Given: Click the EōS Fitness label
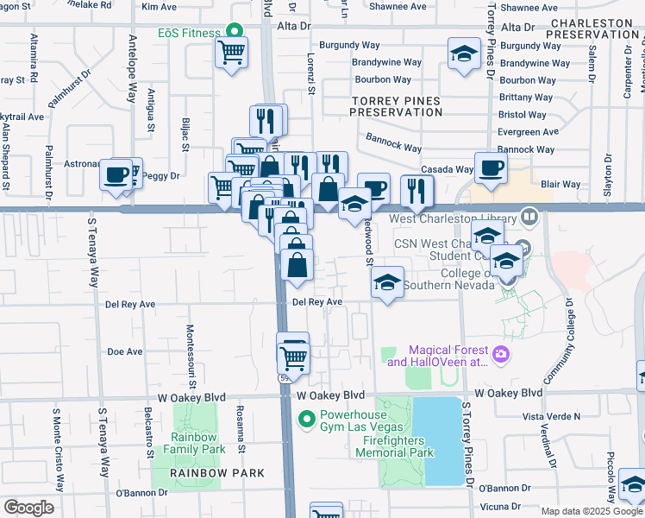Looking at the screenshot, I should coord(189,33).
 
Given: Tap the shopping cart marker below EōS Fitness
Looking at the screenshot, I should coord(231,54).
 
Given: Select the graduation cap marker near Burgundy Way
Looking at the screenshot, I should coord(464,54).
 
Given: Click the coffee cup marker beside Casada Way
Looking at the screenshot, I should coord(491,168).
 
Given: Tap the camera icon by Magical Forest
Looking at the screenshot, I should coord(500,354).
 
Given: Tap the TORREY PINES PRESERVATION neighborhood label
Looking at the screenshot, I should coord(396,106).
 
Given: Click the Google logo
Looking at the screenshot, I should coord(28,508).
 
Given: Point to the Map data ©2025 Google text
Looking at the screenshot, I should coord(591,511).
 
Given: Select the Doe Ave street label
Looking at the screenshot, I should coord(124,352).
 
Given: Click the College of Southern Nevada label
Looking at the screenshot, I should coord(460,280).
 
